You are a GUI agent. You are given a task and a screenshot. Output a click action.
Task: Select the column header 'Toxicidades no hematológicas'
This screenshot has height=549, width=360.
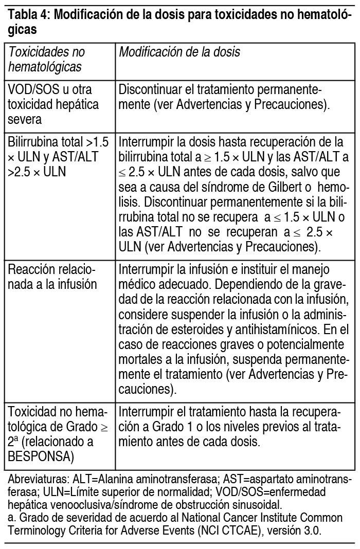[x=46, y=60]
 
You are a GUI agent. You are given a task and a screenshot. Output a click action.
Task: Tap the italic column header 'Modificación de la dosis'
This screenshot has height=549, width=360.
[x=179, y=52]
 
